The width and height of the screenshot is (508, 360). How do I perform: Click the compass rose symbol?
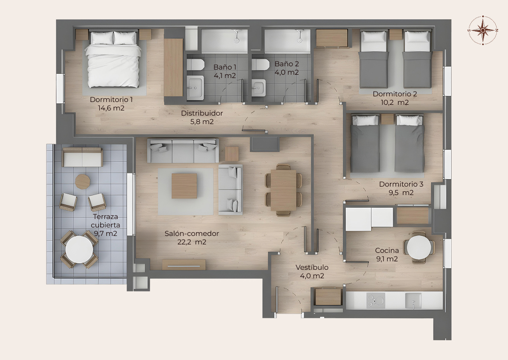pos(483,30)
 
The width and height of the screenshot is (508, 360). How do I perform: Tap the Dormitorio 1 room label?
pos(111,100)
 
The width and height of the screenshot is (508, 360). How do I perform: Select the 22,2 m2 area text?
pos(192,242)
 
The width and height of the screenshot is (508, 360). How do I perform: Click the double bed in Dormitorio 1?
pos(113,59)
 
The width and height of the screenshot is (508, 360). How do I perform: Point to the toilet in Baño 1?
pos(195,65)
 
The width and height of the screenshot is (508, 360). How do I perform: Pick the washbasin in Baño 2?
pos(259,87)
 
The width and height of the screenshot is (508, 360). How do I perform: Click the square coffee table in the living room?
pos(184,186)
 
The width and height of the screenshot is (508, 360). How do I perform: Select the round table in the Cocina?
pos(419,247)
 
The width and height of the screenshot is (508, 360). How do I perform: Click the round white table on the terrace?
pos(79,249)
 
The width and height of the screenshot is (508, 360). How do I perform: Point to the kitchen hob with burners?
pos(376,300)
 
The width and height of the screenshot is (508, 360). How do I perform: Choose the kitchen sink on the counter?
pos(413,300)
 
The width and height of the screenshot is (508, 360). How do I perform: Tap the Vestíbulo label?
pos(312,268)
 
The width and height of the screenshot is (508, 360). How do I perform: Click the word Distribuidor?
pos(202,113)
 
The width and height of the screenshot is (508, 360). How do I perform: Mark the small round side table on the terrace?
pos(83,181)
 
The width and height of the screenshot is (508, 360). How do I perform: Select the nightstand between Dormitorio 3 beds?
pos(387,119)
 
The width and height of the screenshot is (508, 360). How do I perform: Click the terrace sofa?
pos(82,157)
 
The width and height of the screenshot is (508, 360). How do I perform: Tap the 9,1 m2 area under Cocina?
pos(387,259)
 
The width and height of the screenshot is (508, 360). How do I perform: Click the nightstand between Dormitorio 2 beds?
pos(396,35)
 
